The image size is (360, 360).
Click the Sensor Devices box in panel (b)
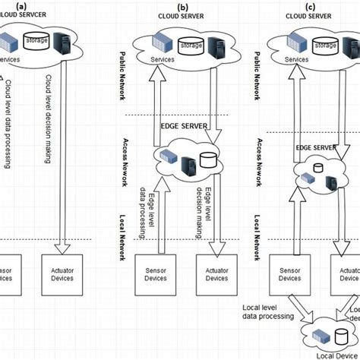click(x=153, y=274)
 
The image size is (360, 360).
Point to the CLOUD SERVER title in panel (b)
click(x=182, y=15)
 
